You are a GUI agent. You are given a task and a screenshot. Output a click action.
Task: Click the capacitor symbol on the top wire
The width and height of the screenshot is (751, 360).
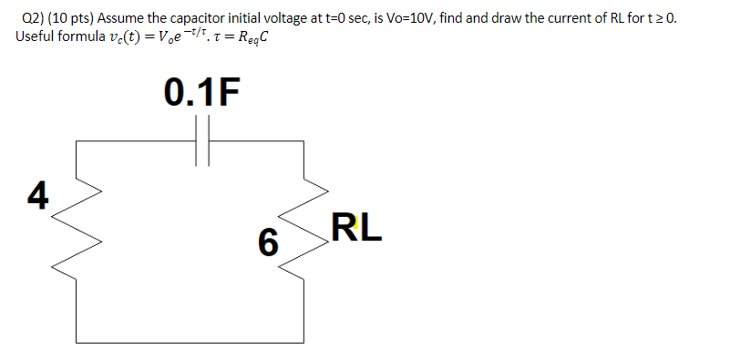click(x=203, y=141)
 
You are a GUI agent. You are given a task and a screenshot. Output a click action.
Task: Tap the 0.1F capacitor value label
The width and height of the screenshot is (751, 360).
click(x=202, y=94)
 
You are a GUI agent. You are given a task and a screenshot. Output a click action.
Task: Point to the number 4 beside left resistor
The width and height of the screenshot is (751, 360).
click(x=37, y=195)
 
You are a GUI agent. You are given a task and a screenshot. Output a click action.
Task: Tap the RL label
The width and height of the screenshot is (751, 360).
click(x=357, y=228)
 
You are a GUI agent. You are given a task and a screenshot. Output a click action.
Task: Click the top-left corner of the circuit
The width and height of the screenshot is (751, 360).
click(x=77, y=141)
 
